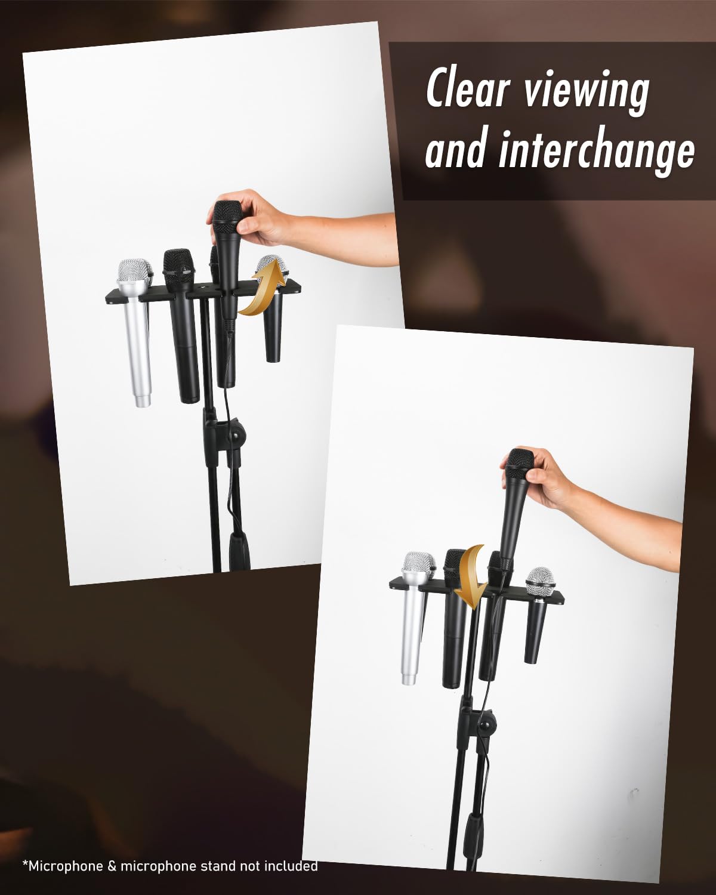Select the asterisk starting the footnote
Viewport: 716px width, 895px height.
(25, 863)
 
